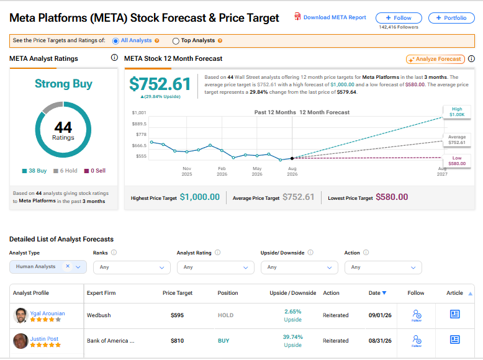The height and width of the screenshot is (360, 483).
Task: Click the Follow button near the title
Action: click(x=399, y=18)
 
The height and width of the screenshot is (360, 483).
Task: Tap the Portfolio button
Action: click(x=451, y=18)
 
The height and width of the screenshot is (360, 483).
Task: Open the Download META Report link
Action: click(x=335, y=17)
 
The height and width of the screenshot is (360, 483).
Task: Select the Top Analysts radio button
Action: click(x=176, y=41)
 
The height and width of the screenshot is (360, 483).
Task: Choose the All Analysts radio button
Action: click(x=115, y=41)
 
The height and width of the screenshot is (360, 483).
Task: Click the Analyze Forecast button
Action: click(x=435, y=59)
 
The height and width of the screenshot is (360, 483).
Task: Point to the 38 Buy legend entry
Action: click(x=34, y=171)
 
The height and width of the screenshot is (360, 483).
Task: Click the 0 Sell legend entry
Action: click(x=95, y=171)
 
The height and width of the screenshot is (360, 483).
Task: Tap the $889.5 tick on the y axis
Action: click(x=139, y=124)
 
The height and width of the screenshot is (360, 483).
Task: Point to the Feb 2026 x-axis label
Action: click(x=222, y=171)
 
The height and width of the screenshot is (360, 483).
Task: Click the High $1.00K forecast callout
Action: click(x=457, y=112)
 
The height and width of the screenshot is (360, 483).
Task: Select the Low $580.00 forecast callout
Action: click(x=457, y=161)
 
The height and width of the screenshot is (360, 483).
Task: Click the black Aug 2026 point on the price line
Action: click(x=292, y=158)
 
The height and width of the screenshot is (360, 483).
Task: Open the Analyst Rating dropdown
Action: click(x=215, y=268)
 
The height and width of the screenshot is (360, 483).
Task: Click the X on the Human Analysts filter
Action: click(x=68, y=266)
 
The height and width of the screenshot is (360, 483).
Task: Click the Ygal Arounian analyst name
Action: click(x=47, y=313)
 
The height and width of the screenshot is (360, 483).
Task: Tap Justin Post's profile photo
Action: click(x=21, y=341)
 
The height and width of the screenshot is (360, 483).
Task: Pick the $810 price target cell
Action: click(x=177, y=341)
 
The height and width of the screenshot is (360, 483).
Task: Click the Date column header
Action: click(x=377, y=293)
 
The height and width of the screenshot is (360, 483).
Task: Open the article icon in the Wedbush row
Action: click(x=454, y=314)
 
